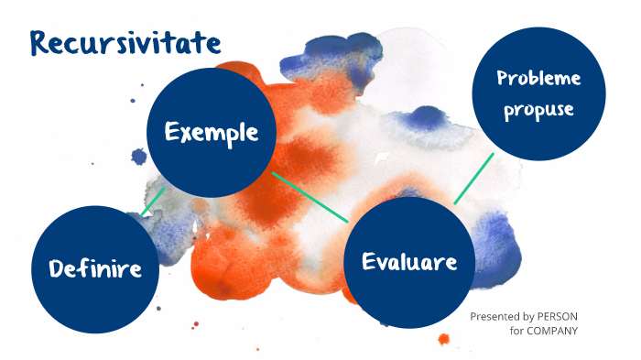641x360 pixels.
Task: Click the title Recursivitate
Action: click(x=125, y=42)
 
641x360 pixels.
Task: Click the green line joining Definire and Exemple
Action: click(x=153, y=202)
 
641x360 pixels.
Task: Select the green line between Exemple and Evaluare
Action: click(x=310, y=197)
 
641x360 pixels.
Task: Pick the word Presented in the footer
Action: click(x=495, y=316)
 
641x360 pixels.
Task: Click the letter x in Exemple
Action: click(x=184, y=133)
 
